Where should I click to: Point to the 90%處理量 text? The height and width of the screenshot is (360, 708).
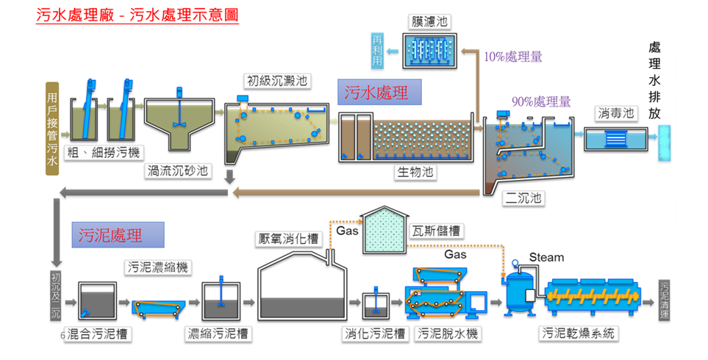540,102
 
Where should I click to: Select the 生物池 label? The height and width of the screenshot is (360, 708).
415,172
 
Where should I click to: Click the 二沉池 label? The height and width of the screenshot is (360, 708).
521,198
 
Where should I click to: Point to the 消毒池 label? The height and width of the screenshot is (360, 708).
615,115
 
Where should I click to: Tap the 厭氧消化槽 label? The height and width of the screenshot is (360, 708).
287,239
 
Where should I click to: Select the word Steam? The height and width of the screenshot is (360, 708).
546,257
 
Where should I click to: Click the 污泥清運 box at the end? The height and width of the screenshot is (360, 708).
665,297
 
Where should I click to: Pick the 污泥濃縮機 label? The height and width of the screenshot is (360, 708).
157,267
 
